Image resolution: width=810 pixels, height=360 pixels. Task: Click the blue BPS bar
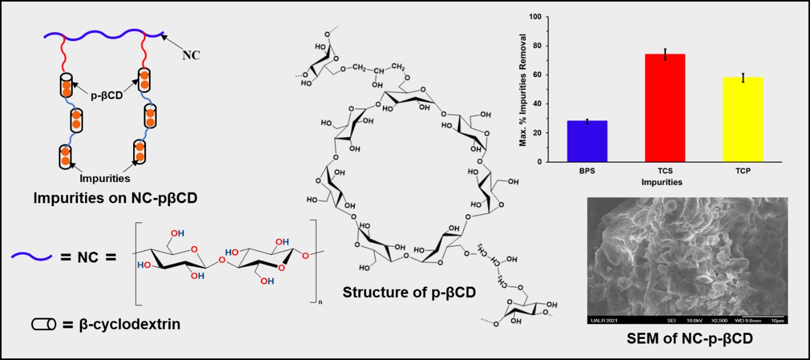pos(587,141)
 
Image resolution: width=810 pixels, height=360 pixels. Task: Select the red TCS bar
pos(665,108)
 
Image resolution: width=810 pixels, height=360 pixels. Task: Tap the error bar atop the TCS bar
pos(665,55)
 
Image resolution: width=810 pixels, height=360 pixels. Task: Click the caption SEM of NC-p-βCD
pos(687,338)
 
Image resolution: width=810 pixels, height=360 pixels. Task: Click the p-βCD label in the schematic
pos(106,95)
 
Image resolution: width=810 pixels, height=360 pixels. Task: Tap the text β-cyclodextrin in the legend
pos(129,323)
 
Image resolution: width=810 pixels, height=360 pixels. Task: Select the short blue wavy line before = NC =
pos(33,256)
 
